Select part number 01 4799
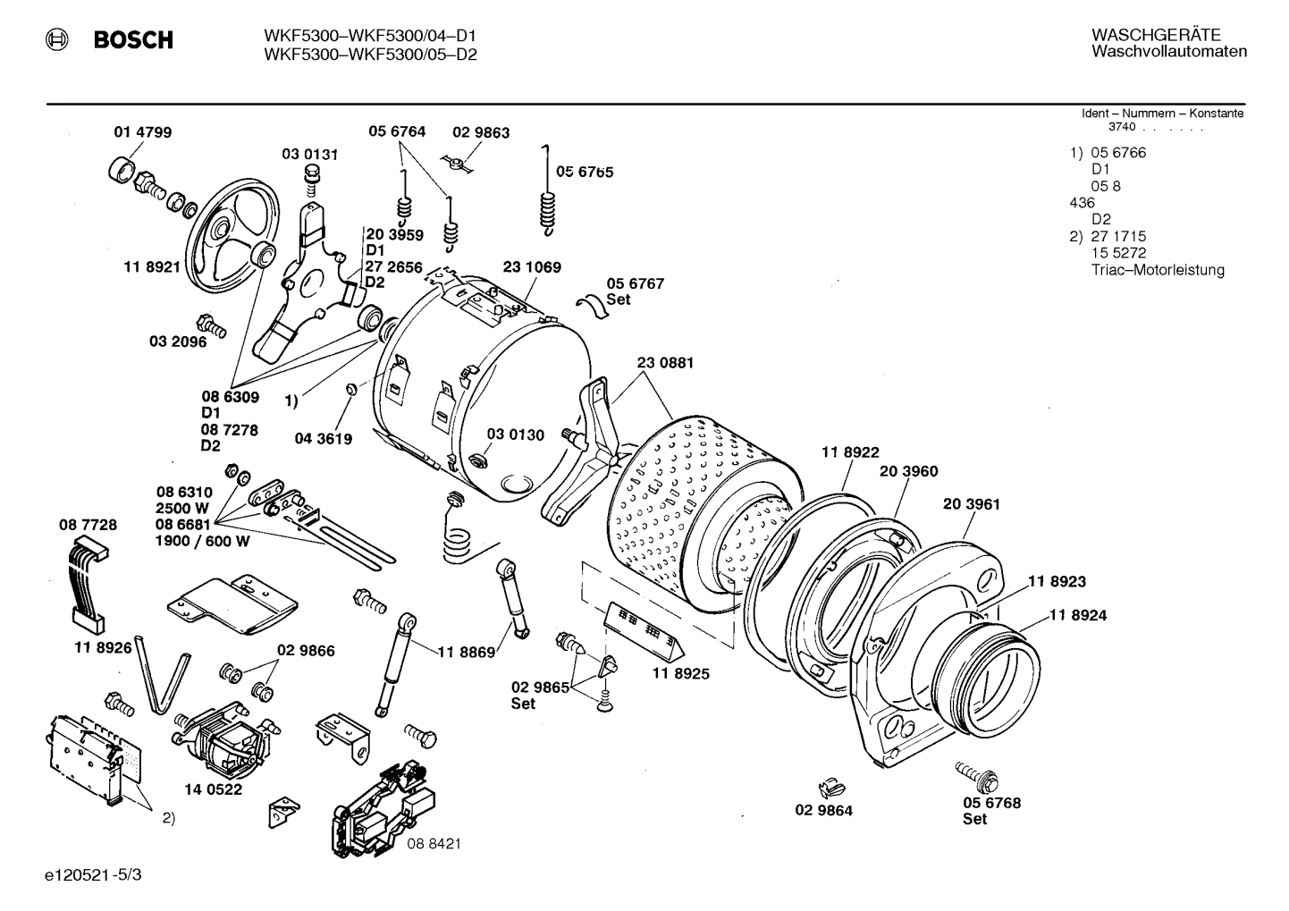[x=143, y=132]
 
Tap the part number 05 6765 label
[x=585, y=172]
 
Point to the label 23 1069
[x=532, y=267]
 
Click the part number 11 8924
[x=1077, y=615]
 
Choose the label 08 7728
[x=88, y=525]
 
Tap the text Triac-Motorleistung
[x=1158, y=270]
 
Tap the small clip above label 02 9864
[x=830, y=788]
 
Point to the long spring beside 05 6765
[x=545, y=197]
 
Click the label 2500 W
[x=184, y=508]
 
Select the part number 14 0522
[x=214, y=789]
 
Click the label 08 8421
[x=434, y=843]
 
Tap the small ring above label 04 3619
[x=351, y=389]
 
